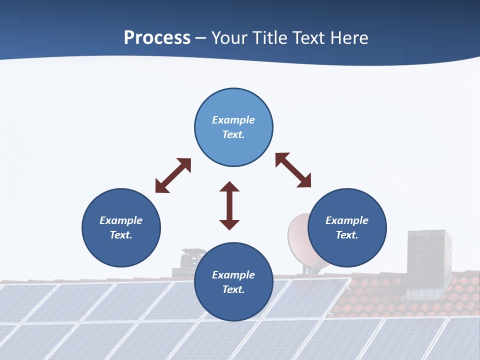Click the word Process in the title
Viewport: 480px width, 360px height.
157,38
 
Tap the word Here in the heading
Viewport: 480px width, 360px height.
348,38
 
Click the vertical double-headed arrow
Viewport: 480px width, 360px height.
229,206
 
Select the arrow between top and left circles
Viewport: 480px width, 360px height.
173,175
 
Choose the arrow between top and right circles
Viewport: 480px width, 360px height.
293,170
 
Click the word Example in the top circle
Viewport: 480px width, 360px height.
233,120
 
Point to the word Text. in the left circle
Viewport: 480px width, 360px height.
121,235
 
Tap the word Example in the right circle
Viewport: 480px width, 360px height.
347,220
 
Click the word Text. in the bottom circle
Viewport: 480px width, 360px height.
233,289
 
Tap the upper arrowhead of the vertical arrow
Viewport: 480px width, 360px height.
229,187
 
